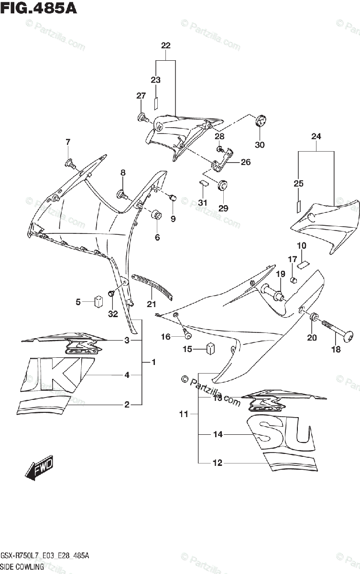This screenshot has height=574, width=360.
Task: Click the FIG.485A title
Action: coord(39,9)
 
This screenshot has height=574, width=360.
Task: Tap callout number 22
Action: coord(165,46)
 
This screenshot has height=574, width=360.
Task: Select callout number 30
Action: coord(259,145)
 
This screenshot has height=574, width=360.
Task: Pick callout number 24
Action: coord(316,136)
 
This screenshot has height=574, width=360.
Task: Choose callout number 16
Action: coord(165,337)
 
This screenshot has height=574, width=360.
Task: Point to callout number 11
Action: coord(184,414)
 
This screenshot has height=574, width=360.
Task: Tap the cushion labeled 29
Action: coord(222,186)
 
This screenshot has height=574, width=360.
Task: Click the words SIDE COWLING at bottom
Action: coord(22,566)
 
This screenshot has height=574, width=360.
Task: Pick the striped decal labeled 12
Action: coord(292,461)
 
